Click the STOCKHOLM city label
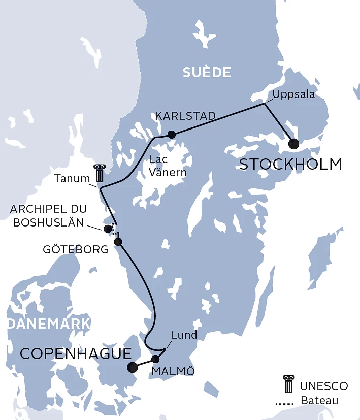[x=290, y=165]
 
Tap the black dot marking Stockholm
[x=293, y=144]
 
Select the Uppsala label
[x=293, y=94]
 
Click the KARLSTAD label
[x=185, y=117]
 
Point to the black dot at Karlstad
[x=172, y=135]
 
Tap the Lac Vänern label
[x=168, y=166]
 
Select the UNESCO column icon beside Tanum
[x=99, y=174]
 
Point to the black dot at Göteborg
[x=118, y=242]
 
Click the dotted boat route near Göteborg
[x=115, y=231]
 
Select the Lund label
[x=184, y=335]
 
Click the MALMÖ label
[x=173, y=371]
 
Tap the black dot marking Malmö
[x=156, y=359]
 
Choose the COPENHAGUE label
[x=75, y=353]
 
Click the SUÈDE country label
[x=207, y=73]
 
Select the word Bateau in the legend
[x=319, y=401]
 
